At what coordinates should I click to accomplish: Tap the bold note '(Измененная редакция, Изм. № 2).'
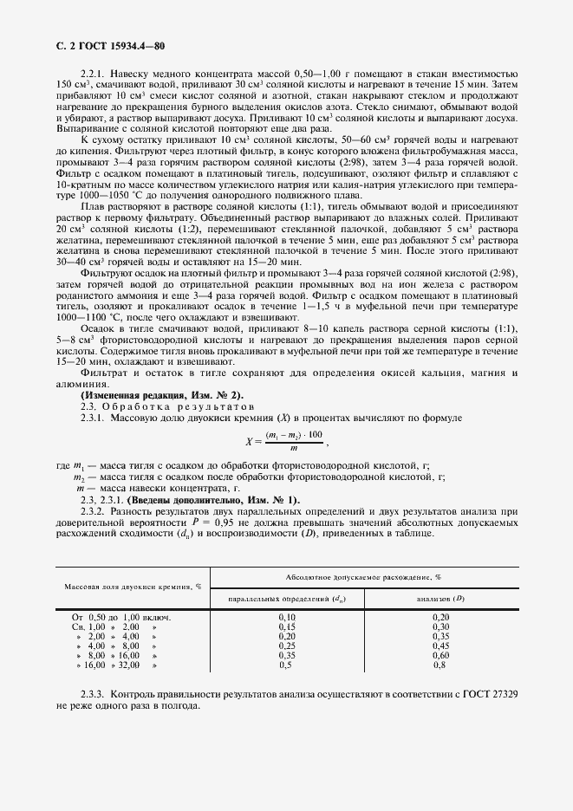162,396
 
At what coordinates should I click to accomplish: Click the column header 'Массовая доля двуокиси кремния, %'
133,586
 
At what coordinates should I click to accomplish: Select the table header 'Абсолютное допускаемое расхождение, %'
363,576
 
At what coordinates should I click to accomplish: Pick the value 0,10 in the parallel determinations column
287,617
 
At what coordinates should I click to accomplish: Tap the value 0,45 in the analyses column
440,646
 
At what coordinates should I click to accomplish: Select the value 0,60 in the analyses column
440,655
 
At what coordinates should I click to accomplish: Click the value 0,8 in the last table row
439,665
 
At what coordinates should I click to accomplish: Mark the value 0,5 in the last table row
284,665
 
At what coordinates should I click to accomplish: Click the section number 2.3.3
91,694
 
